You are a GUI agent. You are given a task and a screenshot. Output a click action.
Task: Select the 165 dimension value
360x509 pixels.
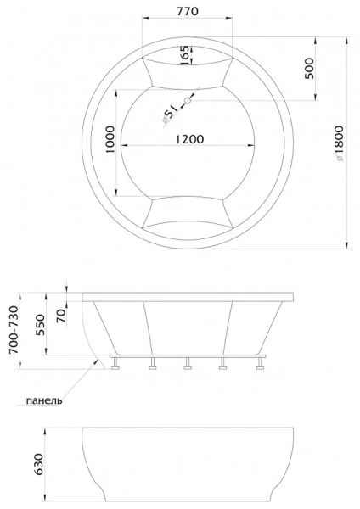(x=185, y=57)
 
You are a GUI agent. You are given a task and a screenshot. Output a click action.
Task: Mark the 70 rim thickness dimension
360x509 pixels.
(x=60, y=315)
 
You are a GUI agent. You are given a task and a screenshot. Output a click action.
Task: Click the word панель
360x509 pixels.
(x=43, y=400)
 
